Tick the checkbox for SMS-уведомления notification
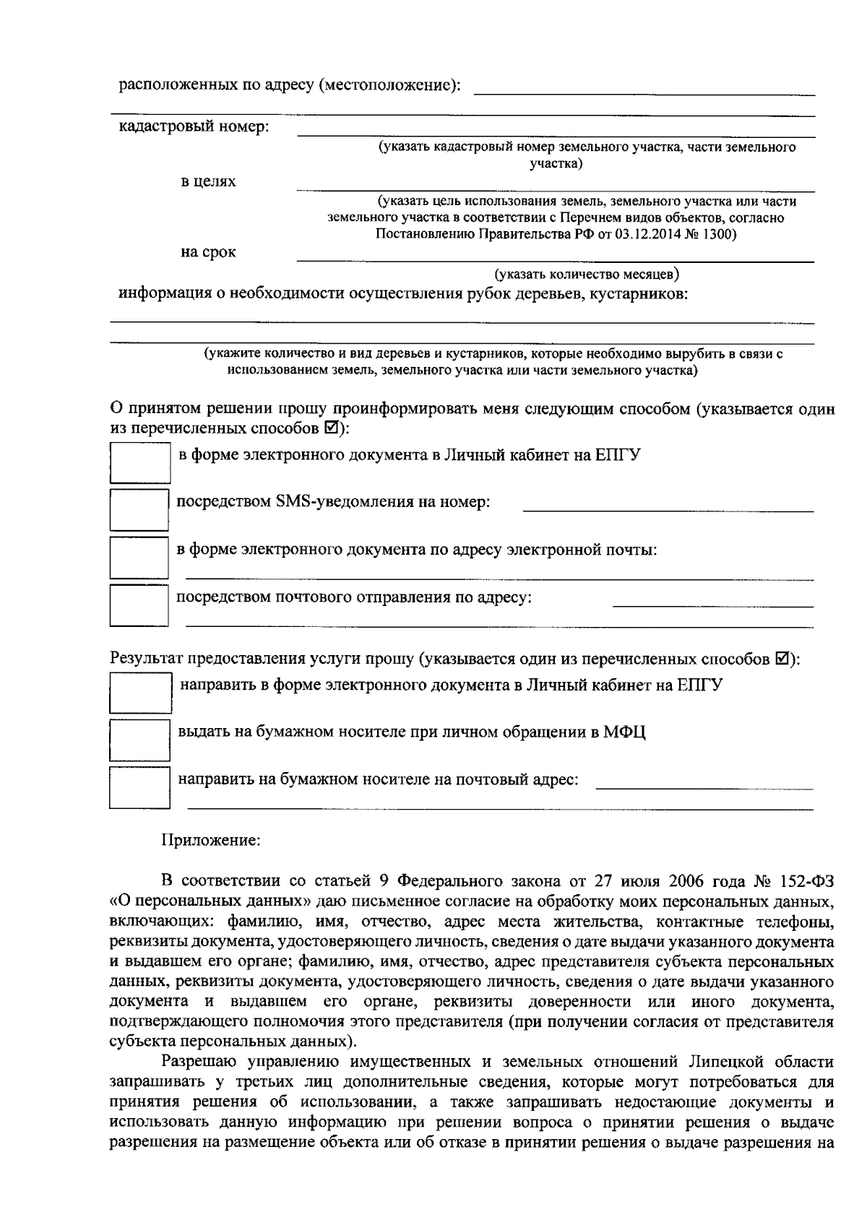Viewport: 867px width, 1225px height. click(139, 509)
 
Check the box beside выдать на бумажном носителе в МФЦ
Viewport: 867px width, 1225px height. click(139, 740)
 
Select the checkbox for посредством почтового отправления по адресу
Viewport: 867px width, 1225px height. click(139, 605)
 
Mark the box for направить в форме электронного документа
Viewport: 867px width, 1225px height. click(139, 693)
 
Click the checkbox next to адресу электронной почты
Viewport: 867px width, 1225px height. click(139, 557)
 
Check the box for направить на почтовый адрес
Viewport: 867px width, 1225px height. click(139, 787)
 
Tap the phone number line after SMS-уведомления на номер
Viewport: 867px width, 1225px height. click(668, 508)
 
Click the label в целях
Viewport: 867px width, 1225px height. click(208, 182)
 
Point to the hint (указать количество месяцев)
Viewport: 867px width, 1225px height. click(586, 274)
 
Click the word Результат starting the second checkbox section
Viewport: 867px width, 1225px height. click(146, 659)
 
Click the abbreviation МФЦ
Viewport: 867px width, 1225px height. click(626, 732)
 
